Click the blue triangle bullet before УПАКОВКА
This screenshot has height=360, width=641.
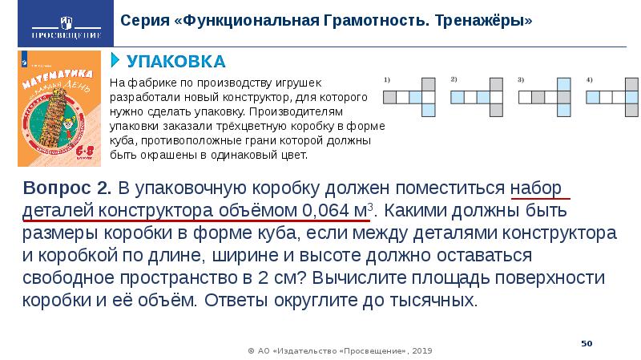point(115,62)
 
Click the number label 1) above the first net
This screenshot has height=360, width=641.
point(387,79)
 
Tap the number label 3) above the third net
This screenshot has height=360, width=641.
point(521,79)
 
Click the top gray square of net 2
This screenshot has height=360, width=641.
point(496,83)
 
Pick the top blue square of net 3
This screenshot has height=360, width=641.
point(563,83)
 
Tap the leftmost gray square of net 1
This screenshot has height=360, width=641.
point(389,97)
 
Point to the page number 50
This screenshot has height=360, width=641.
point(586,342)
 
